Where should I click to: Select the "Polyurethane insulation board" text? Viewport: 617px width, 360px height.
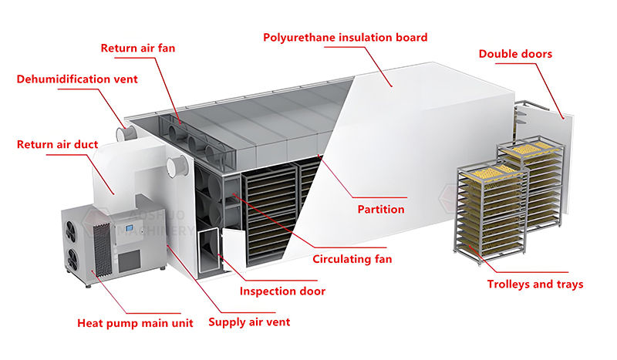[x=345, y=37]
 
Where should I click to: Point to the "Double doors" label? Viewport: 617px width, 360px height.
[x=515, y=54]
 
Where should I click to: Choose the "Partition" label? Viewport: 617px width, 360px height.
[x=381, y=209]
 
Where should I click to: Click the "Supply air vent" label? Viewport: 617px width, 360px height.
[x=249, y=321]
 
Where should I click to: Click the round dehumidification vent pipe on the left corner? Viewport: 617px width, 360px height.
[x=124, y=133]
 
